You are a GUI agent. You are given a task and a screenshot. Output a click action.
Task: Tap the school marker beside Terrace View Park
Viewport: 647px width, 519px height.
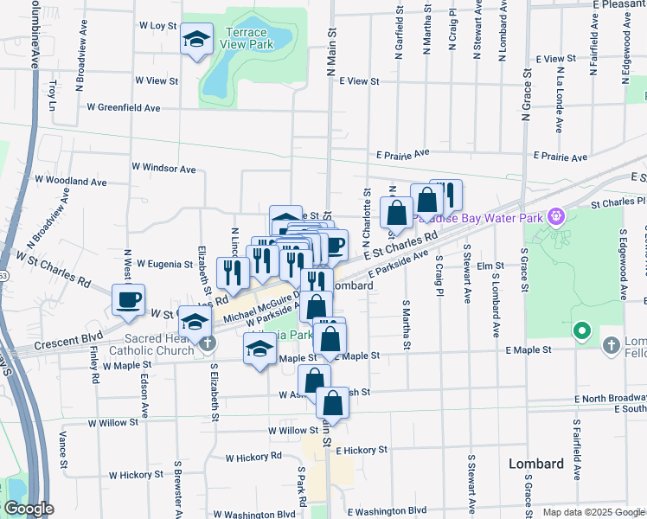[x=197, y=39]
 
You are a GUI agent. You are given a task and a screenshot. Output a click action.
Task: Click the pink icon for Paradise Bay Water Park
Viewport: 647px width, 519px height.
[x=555, y=215]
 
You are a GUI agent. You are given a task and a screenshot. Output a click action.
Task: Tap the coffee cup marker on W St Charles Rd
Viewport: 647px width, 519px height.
[x=129, y=300]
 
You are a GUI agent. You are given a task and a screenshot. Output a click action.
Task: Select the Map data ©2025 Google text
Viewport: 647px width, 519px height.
[x=593, y=512]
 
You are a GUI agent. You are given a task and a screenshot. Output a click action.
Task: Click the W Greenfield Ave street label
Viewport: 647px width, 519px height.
[x=124, y=108]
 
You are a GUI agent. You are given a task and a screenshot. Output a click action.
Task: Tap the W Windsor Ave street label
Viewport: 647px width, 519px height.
[x=163, y=168]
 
